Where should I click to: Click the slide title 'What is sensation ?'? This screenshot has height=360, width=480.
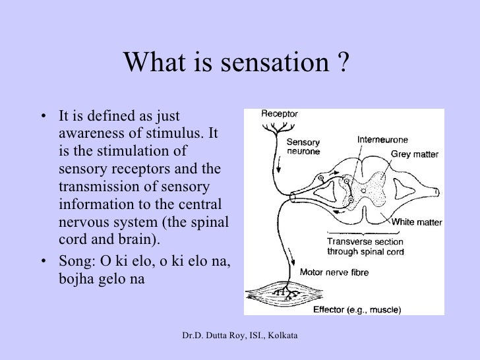(x=234, y=63)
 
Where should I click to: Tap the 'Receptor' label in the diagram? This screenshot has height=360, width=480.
(x=279, y=113)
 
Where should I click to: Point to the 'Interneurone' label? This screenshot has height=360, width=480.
(x=382, y=140)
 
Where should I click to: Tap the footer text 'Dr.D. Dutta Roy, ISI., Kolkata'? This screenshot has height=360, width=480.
(x=241, y=337)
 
